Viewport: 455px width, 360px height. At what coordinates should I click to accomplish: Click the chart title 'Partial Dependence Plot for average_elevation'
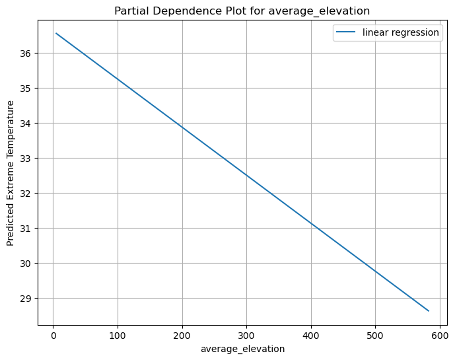coord(242,11)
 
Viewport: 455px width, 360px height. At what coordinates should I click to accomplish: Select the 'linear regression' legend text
coord(401,33)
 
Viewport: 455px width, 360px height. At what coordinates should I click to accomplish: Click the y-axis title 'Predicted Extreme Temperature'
coord(11,173)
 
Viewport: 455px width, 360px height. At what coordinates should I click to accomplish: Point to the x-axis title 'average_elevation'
coord(242,349)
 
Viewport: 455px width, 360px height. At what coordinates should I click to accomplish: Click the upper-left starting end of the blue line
coord(56,33)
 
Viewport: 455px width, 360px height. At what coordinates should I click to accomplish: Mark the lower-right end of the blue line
coord(429,310)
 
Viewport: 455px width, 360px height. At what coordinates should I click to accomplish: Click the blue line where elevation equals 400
coord(311,223)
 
